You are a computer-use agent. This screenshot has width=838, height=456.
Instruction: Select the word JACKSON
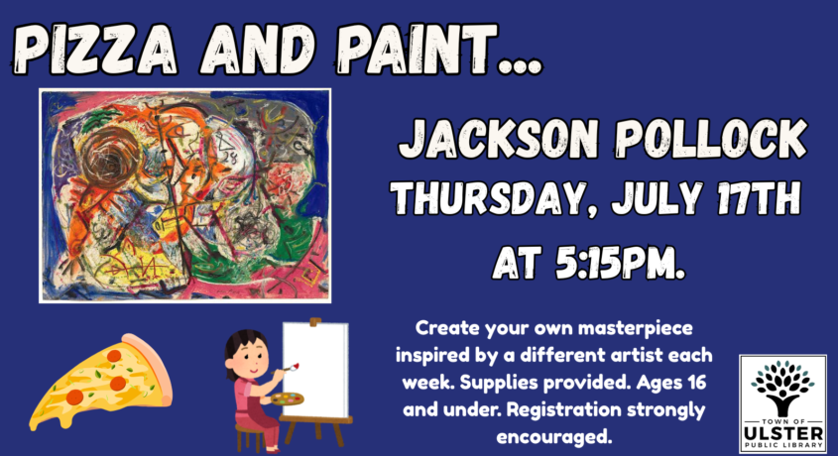pyautogui.click(x=499, y=139)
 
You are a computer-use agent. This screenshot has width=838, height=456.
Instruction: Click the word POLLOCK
pyautogui.click(x=711, y=138)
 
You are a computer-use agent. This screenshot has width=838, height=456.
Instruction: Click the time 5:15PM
pyautogui.click(x=620, y=263)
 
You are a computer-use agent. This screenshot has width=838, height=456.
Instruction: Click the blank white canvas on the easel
pyautogui.click(x=315, y=369)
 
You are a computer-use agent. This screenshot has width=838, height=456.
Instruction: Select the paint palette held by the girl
pyautogui.click(x=287, y=399)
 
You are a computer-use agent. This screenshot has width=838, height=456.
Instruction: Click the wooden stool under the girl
pyautogui.click(x=250, y=436)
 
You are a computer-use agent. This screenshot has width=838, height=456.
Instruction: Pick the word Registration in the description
pyautogui.click(x=563, y=409)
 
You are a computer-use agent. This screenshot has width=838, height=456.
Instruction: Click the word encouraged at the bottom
pyautogui.click(x=553, y=437)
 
